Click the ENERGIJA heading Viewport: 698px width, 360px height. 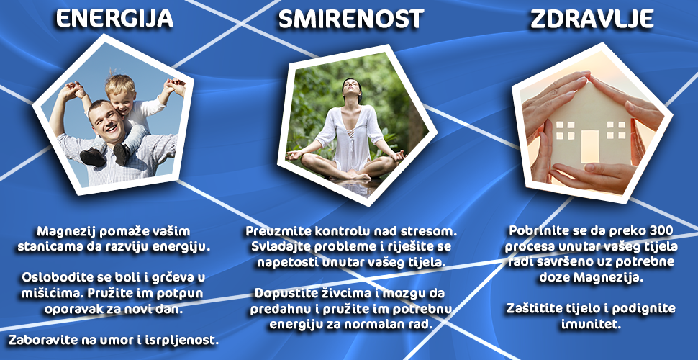115,19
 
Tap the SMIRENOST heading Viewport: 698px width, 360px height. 350,19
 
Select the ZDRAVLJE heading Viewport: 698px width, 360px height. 592,19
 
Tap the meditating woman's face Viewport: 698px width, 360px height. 350,89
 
